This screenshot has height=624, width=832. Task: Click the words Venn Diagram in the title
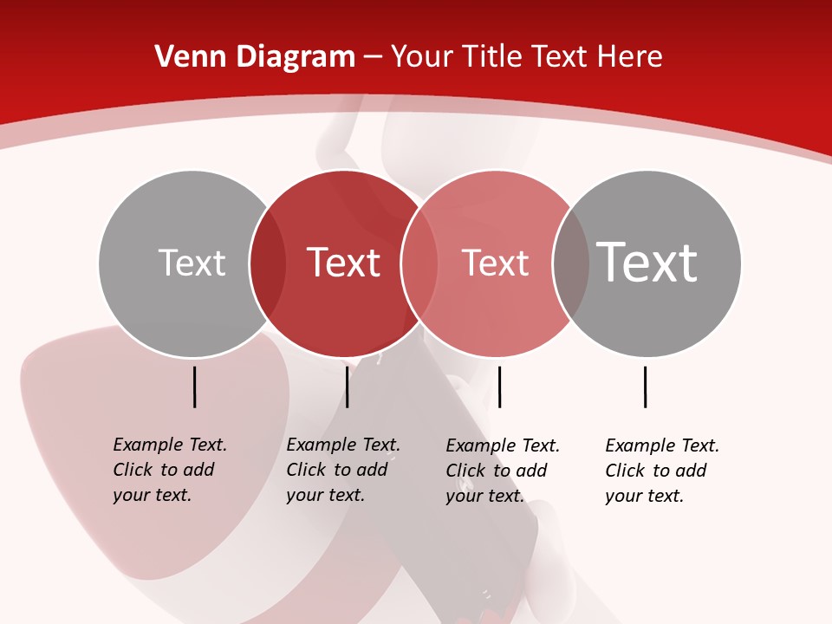[255, 57]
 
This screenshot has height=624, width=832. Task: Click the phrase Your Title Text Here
[526, 57]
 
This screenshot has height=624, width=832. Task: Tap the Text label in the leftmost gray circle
[192, 263]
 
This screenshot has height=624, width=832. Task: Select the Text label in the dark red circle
[344, 263]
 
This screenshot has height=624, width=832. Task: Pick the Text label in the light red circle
[495, 263]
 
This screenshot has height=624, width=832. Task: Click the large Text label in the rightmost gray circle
[647, 262]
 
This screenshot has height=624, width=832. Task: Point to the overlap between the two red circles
[419, 263]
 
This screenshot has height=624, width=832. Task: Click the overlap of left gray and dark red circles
[268, 263]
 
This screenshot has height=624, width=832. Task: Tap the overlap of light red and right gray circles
[570, 263]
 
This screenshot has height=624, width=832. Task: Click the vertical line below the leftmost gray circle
[195, 387]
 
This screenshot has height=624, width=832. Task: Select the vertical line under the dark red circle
[347, 387]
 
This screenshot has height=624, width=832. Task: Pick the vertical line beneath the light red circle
[499, 387]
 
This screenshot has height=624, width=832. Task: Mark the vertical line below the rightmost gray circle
[645, 387]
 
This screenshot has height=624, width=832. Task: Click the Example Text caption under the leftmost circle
[170, 470]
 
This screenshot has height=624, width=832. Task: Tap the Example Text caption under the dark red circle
[343, 470]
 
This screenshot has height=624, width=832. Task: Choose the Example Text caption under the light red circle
[503, 471]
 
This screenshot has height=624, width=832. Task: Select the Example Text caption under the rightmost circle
[662, 471]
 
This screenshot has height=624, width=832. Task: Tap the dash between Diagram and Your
[373, 58]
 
